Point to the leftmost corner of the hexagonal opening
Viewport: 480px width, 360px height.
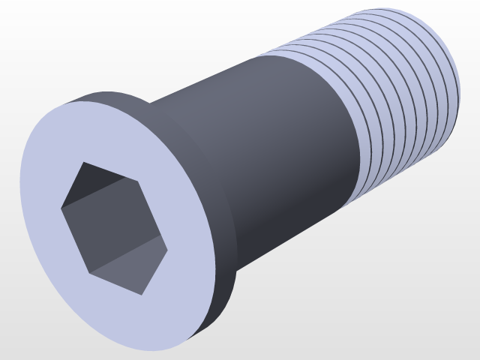click(61, 206)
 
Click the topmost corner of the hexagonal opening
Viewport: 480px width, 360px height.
click(82, 162)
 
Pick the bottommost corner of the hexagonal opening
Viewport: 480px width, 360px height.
click(143, 293)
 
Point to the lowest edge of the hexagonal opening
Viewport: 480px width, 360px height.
click(116, 283)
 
